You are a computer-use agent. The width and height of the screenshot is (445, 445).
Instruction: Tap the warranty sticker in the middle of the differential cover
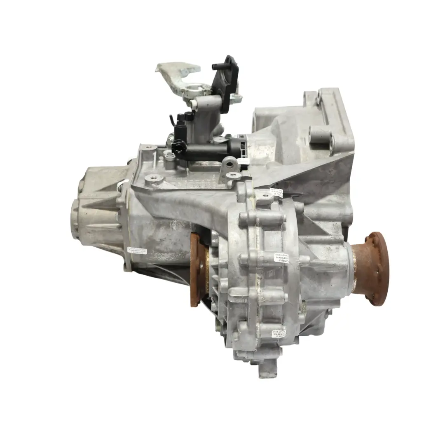tap(281, 258)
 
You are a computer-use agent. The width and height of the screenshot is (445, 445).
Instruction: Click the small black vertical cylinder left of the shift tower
tap(179, 124)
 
